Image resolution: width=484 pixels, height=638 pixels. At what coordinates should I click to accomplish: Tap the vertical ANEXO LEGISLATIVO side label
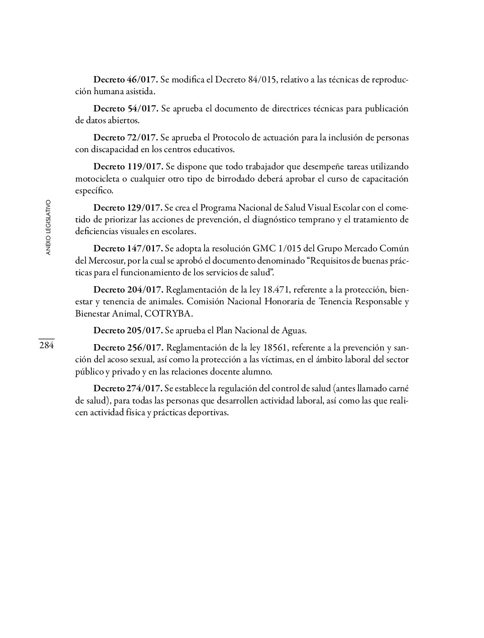[x=48, y=227]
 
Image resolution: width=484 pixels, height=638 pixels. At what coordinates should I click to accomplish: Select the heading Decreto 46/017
[x=125, y=80]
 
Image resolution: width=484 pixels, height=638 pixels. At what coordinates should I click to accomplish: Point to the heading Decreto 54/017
[x=125, y=109]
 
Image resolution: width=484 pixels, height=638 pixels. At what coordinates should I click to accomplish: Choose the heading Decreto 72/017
[x=125, y=138]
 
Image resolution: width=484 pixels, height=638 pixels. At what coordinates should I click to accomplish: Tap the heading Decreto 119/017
[x=128, y=167]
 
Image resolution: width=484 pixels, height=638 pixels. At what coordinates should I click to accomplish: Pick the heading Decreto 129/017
[x=128, y=208]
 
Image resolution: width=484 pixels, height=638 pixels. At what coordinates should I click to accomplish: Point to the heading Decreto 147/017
[x=128, y=249]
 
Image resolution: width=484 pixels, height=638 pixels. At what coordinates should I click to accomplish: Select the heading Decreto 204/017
[x=128, y=289]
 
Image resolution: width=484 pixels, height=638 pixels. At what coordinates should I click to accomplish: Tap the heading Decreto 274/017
[x=128, y=389]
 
